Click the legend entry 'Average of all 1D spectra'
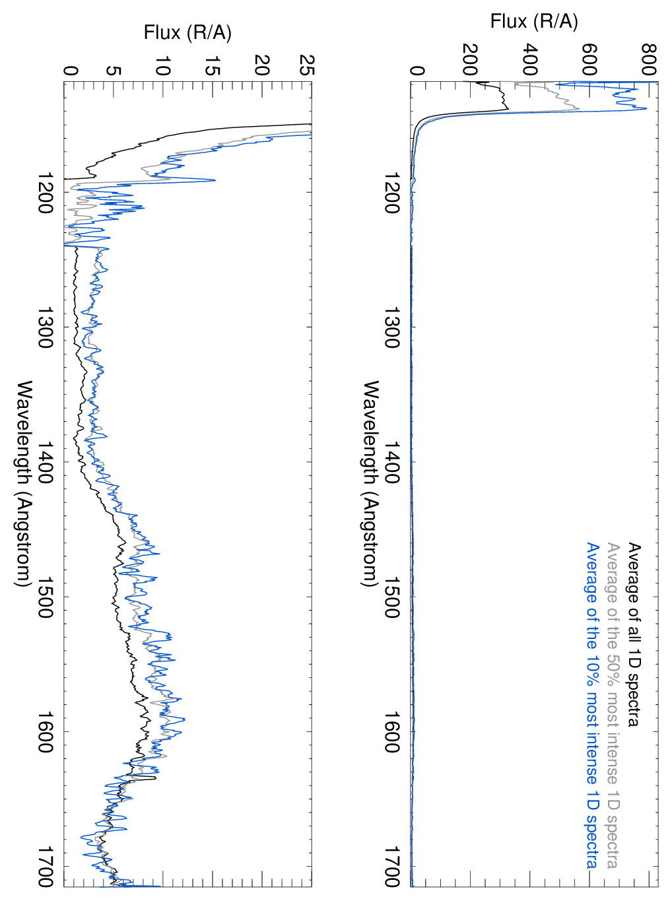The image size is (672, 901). pos(634,634)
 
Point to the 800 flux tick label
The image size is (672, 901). pos(649,59)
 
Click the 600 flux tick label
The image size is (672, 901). pos(589,59)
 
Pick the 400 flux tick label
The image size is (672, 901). pos(529,59)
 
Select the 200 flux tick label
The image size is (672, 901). pos(470,59)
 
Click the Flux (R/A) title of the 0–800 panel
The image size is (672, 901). pos(533,21)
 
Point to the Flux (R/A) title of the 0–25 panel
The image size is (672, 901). pos(187,32)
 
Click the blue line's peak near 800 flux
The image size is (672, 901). pos(646,109)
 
